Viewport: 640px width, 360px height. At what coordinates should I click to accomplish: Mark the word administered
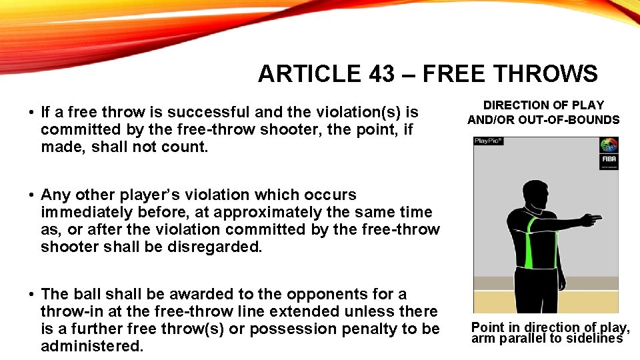point(92,346)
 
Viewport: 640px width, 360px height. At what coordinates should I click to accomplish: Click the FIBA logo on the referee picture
point(609,150)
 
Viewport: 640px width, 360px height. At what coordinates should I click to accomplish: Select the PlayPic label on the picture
point(488,141)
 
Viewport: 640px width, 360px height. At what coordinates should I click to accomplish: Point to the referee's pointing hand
point(591,218)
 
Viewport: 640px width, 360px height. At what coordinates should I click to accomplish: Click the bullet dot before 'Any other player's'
point(31,195)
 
